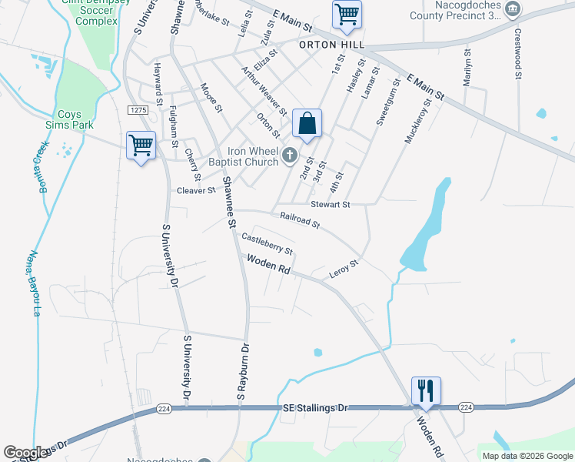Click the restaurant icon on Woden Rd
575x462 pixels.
pyautogui.click(x=426, y=391)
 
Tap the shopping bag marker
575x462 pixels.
pyautogui.click(x=307, y=124)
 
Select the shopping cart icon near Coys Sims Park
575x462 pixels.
pyautogui.click(x=141, y=146)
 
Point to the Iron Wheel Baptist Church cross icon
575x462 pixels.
pyautogui.click(x=290, y=156)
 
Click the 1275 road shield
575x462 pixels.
pyautogui.click(x=138, y=111)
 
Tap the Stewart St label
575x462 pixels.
pyautogui.click(x=331, y=205)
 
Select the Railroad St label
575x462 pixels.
pyautogui.click(x=300, y=221)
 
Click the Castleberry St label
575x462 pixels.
pyautogui.click(x=268, y=245)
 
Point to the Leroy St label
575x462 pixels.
pyautogui.click(x=344, y=270)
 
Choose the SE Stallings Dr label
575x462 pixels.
pyautogui.click(x=315, y=406)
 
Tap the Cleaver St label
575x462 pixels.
pyautogui.click(x=196, y=190)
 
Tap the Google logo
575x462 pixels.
pyautogui.click(x=26, y=452)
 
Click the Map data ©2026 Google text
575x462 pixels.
pyautogui.click(x=527, y=456)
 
